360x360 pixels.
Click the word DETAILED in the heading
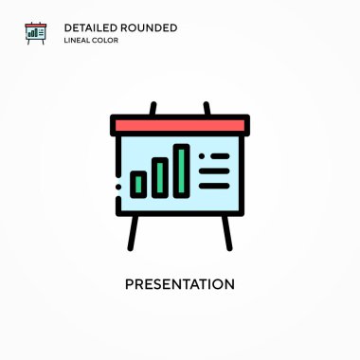91,27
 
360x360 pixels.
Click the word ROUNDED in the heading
149,27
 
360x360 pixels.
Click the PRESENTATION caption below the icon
180,284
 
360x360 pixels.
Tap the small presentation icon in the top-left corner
36,33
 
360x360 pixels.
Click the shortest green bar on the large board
138,185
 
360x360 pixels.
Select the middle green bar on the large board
160,177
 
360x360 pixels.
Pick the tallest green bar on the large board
181,171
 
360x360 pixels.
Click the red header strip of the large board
180,126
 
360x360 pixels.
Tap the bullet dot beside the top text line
202,156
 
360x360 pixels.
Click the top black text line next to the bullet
220,156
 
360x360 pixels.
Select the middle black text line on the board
214,171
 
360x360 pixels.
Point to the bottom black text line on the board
214,186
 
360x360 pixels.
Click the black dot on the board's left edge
118,187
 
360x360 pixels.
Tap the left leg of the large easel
133,233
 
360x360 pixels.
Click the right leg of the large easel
226,233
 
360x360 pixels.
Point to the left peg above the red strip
153,109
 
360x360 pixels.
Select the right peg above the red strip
207,109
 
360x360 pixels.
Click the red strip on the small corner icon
36,26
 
